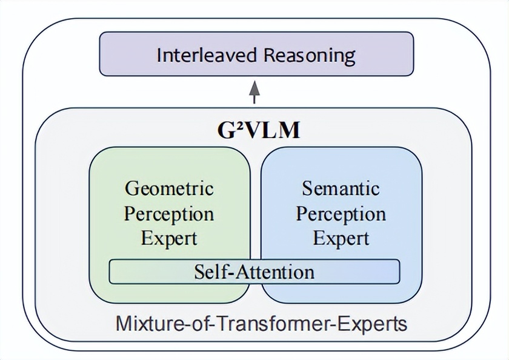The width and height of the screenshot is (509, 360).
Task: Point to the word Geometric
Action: pyautogui.click(x=170, y=188)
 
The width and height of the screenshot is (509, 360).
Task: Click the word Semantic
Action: pyautogui.click(x=341, y=188)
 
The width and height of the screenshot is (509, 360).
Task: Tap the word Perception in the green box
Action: pyautogui.click(x=170, y=213)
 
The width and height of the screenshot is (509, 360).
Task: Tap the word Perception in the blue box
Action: pyautogui.click(x=341, y=213)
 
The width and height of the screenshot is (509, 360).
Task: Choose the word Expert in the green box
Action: pyautogui.click(x=170, y=238)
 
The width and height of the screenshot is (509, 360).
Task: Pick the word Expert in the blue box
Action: pyautogui.click(x=341, y=238)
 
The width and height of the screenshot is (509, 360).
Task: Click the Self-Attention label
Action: pyautogui.click(x=254, y=271)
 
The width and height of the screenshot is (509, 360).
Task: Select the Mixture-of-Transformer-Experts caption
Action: pyautogui.click(x=261, y=323)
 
